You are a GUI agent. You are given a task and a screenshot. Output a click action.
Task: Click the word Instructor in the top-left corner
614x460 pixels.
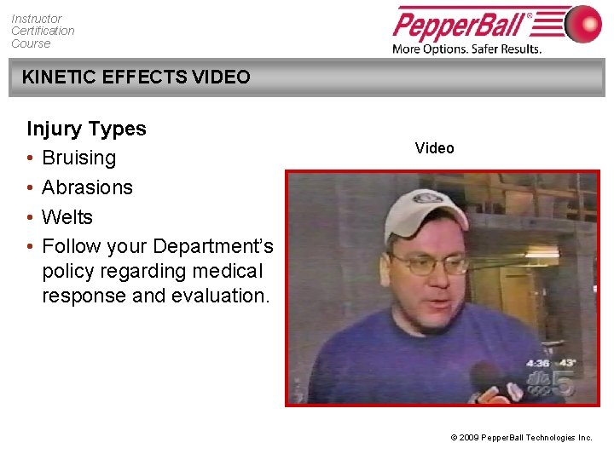pos(37,19)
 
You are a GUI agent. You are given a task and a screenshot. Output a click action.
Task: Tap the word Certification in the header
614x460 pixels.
pos(43,31)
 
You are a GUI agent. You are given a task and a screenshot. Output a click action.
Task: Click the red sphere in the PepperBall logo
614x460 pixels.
pos(582,24)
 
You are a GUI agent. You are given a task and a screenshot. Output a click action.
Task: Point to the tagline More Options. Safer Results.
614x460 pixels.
pos(466,49)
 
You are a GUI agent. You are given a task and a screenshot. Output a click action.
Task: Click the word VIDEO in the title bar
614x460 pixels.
pos(221,78)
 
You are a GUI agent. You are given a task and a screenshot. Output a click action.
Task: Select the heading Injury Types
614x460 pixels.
pos(86,129)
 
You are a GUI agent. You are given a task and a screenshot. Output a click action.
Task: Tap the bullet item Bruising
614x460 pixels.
pos(78,158)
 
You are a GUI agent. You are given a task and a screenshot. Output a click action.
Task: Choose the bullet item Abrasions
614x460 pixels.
pos(87,187)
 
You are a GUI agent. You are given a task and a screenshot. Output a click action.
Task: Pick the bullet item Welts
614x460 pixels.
pos(67,217)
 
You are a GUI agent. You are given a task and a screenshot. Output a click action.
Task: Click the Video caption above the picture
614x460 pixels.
pos(434,148)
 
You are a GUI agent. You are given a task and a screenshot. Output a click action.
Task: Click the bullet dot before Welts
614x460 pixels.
pos(30,217)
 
